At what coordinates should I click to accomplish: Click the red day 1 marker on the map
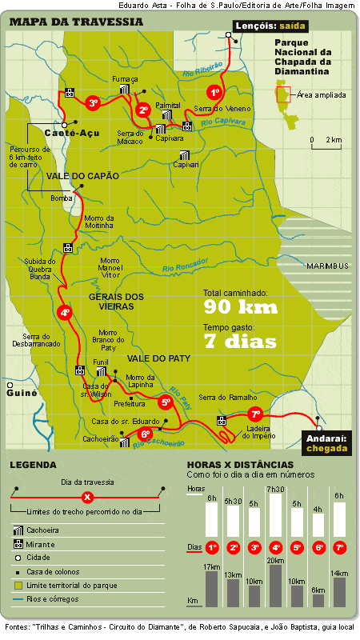click(214, 92)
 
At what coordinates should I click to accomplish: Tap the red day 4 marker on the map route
click(66, 314)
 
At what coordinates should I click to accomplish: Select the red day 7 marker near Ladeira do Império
click(255, 414)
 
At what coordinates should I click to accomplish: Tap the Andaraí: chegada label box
click(326, 443)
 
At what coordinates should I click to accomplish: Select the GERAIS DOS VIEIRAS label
click(117, 302)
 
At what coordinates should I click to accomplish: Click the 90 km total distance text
click(240, 307)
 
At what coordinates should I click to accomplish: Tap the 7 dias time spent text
click(240, 342)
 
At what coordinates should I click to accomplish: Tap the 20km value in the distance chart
click(275, 560)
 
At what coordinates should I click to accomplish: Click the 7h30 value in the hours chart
click(275, 489)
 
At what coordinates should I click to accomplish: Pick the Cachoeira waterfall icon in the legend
click(18, 531)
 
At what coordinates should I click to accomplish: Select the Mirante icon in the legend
click(18, 546)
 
